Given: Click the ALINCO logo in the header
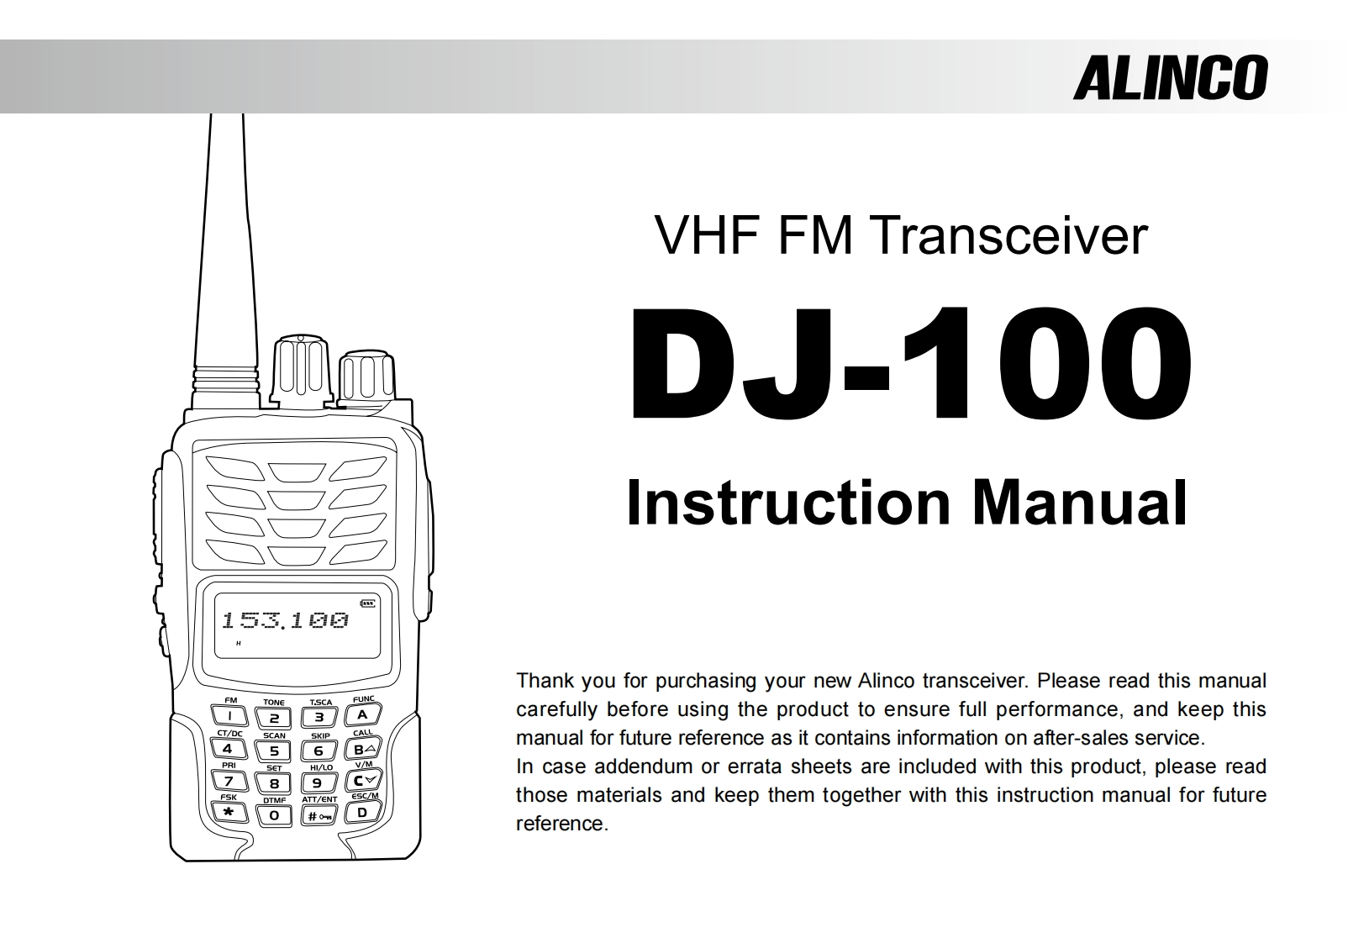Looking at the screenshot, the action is (x=1170, y=78).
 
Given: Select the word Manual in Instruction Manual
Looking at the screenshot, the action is (x=1080, y=503).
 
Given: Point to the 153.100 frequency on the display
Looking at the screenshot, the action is (x=284, y=621).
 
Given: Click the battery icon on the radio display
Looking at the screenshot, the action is (x=368, y=602).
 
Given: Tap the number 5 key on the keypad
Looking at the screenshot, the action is (x=274, y=751).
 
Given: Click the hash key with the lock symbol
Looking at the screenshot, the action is (x=319, y=815).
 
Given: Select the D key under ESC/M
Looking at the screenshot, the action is (x=363, y=813).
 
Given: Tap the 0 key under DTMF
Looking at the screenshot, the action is (x=274, y=815).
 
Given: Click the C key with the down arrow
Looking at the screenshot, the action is (x=364, y=781).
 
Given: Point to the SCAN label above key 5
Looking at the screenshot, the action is (x=274, y=735).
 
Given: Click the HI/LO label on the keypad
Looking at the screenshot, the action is (x=321, y=767).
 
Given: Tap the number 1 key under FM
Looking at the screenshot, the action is (x=229, y=716).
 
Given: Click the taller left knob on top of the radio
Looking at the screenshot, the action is (x=302, y=370).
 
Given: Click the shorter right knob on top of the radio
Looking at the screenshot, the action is (x=366, y=377).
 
